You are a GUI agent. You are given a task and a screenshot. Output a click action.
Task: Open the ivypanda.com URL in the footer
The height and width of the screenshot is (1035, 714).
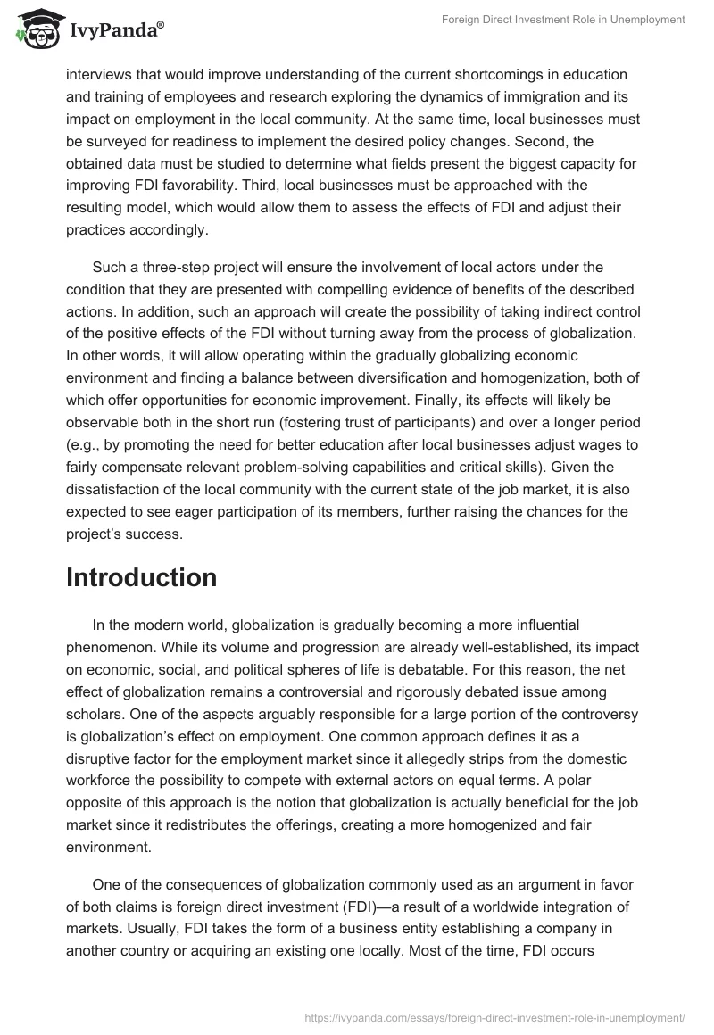click(x=494, y=1016)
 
